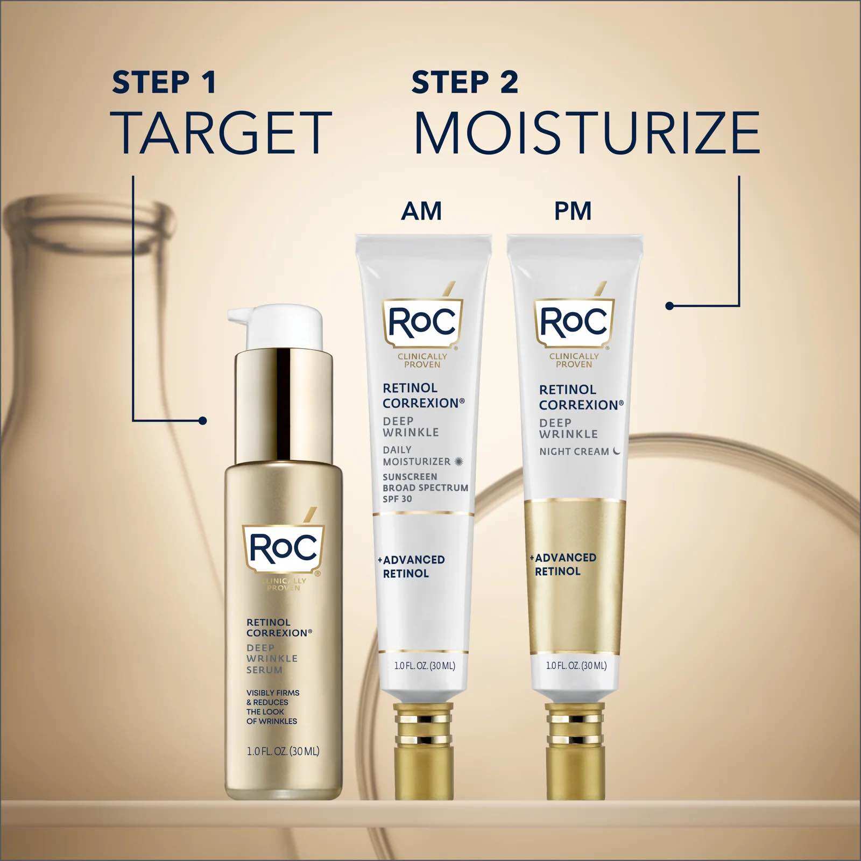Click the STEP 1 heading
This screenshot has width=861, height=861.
pyautogui.click(x=164, y=82)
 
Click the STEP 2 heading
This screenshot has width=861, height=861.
pyautogui.click(x=465, y=82)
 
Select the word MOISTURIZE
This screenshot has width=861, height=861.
pyautogui.click(x=587, y=132)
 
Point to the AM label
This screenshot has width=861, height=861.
pyautogui.click(x=421, y=211)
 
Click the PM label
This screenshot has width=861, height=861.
pyautogui.click(x=573, y=211)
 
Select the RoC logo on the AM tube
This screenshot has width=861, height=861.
pyautogui.click(x=422, y=322)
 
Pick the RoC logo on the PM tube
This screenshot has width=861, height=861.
pyautogui.click(x=574, y=322)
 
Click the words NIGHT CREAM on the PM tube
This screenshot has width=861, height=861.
pyautogui.click(x=574, y=451)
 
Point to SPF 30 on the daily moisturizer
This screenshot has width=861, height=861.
pyautogui.click(x=397, y=499)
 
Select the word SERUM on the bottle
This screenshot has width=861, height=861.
pyautogui.click(x=264, y=670)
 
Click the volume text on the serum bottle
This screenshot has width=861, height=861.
pyautogui.click(x=283, y=751)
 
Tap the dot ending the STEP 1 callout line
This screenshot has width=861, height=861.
pyautogui.click(x=202, y=420)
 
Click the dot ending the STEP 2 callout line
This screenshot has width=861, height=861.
pyautogui.click(x=669, y=306)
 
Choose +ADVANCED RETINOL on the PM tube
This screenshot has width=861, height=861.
pyautogui.click(x=563, y=564)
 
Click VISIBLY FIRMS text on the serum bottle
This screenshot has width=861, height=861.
pyautogui.click(x=273, y=693)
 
